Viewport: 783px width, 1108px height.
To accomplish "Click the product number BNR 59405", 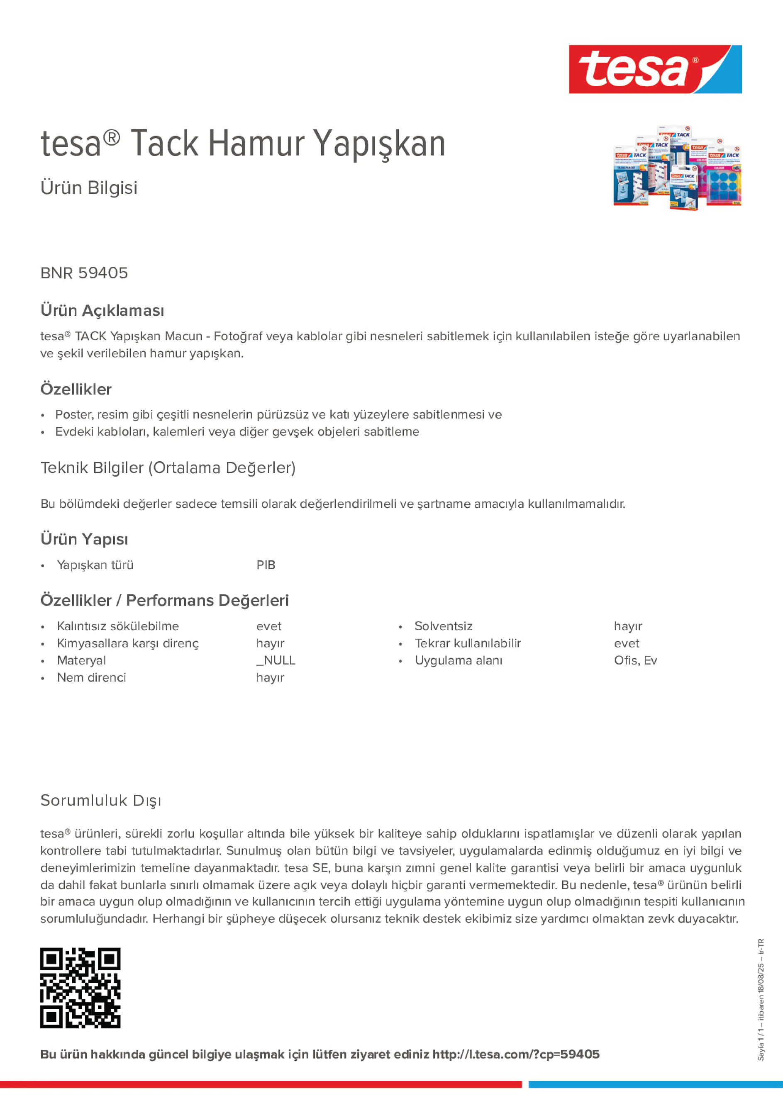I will [84, 273].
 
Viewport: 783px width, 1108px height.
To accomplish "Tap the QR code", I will [80, 988].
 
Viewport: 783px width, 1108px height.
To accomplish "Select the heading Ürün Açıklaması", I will [102, 310].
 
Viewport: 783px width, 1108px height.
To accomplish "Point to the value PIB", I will [266, 565].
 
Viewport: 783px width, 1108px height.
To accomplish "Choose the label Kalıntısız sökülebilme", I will [118, 626].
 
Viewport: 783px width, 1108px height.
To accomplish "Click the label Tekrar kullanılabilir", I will [468, 643].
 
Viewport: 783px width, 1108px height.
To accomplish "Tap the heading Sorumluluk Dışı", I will [101, 800].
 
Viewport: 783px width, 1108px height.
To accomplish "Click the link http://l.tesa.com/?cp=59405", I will [515, 1054].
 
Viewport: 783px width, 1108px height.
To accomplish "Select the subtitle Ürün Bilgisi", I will [89, 188].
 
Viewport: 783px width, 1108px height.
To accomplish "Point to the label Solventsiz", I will [443, 626].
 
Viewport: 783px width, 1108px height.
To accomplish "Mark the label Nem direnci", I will [91, 677].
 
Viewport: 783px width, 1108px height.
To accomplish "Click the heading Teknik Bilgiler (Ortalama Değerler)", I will [168, 468].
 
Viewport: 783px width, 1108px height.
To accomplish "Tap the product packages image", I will [677, 168].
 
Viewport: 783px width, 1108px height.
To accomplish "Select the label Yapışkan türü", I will [95, 565].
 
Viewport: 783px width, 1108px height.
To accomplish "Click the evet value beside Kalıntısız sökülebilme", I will [268, 626].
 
